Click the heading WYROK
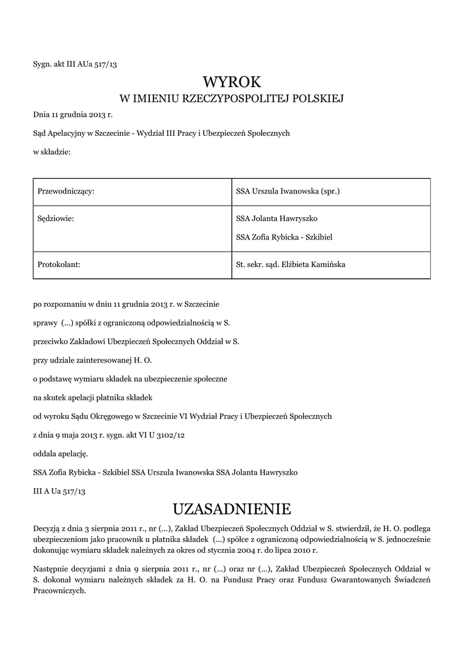coord(232,82)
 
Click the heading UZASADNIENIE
coord(232,509)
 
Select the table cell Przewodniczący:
coord(67,192)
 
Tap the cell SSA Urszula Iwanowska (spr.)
coord(287,192)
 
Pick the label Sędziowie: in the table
coord(56,218)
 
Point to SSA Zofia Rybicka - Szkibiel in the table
coord(284,238)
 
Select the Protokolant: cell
coord(59,265)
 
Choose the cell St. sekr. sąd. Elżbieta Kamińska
coord(291,265)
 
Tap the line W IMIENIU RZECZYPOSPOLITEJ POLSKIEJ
coord(232,99)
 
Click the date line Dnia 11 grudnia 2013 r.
coord(72,116)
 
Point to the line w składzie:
coord(52,152)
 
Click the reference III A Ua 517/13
coord(59,491)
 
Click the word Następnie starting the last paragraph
coord(52,568)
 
